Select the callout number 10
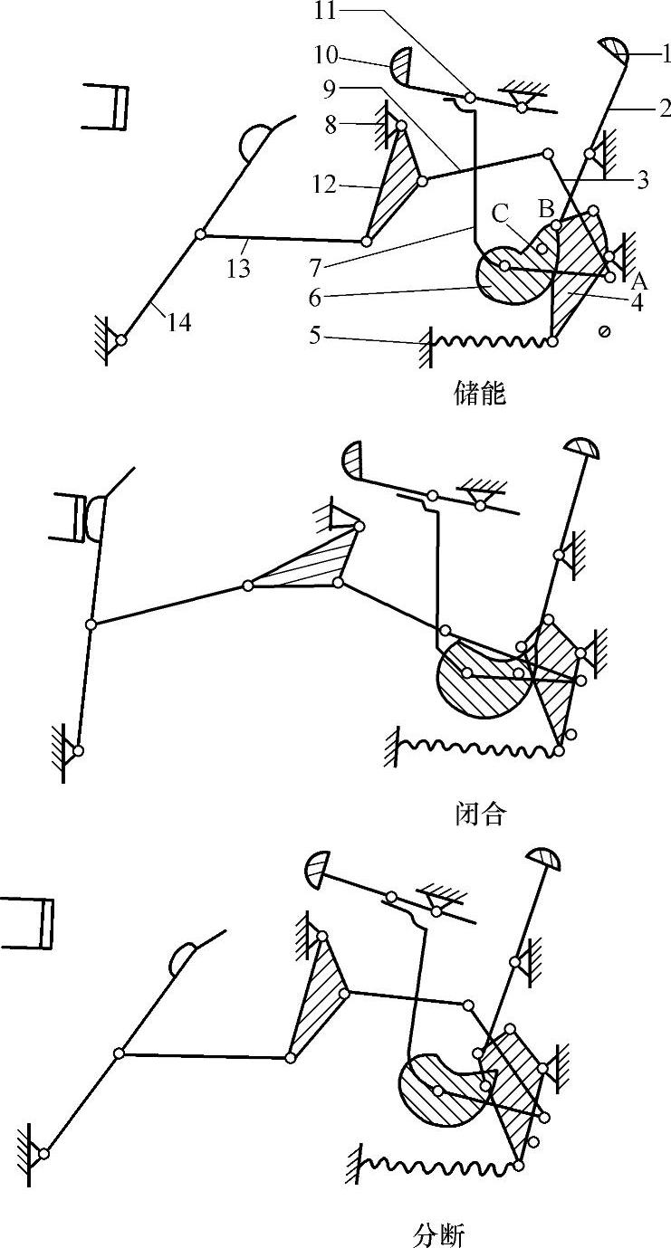[326, 55]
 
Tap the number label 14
[179, 321]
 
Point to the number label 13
[240, 269]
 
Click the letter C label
[500, 214]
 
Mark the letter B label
[546, 207]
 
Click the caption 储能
[479, 394]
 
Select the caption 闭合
[479, 814]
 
